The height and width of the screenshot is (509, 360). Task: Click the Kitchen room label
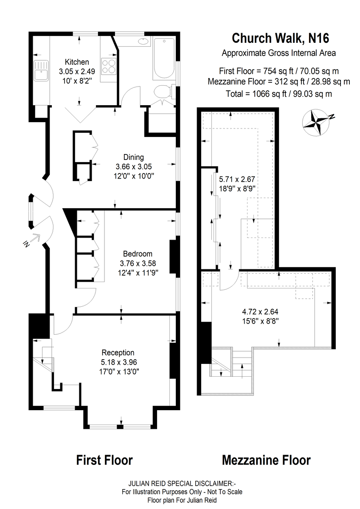(77, 62)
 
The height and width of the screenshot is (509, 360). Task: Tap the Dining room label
(134, 157)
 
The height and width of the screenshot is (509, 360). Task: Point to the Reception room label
(118, 352)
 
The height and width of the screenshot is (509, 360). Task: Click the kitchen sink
(41, 71)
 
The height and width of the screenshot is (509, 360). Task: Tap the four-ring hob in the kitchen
(109, 66)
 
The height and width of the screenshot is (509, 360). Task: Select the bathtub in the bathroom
(164, 59)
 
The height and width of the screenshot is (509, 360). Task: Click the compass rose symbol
(316, 123)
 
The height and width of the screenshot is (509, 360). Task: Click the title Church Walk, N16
(281, 38)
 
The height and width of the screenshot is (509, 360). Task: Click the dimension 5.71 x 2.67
(237, 179)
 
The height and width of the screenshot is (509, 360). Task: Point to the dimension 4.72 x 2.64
(260, 311)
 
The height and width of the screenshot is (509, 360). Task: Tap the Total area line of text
(279, 94)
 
